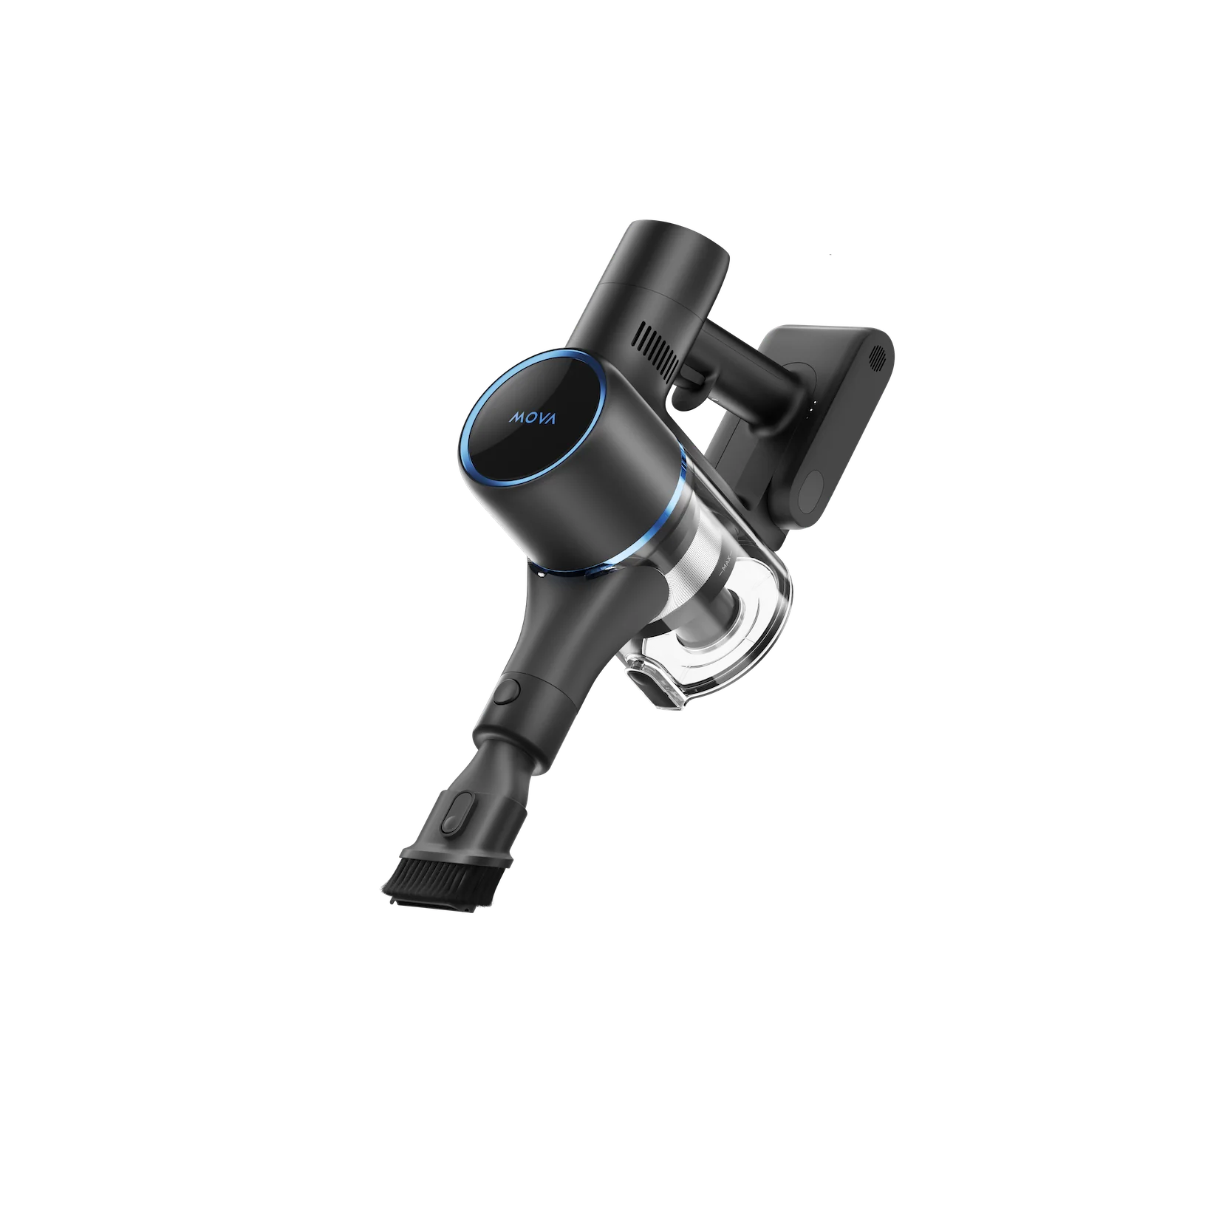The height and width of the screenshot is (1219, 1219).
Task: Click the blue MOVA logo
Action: point(534,418)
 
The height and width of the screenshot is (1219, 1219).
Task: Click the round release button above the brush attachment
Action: point(509,692)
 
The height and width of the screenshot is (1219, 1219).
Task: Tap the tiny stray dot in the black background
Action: point(830,258)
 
